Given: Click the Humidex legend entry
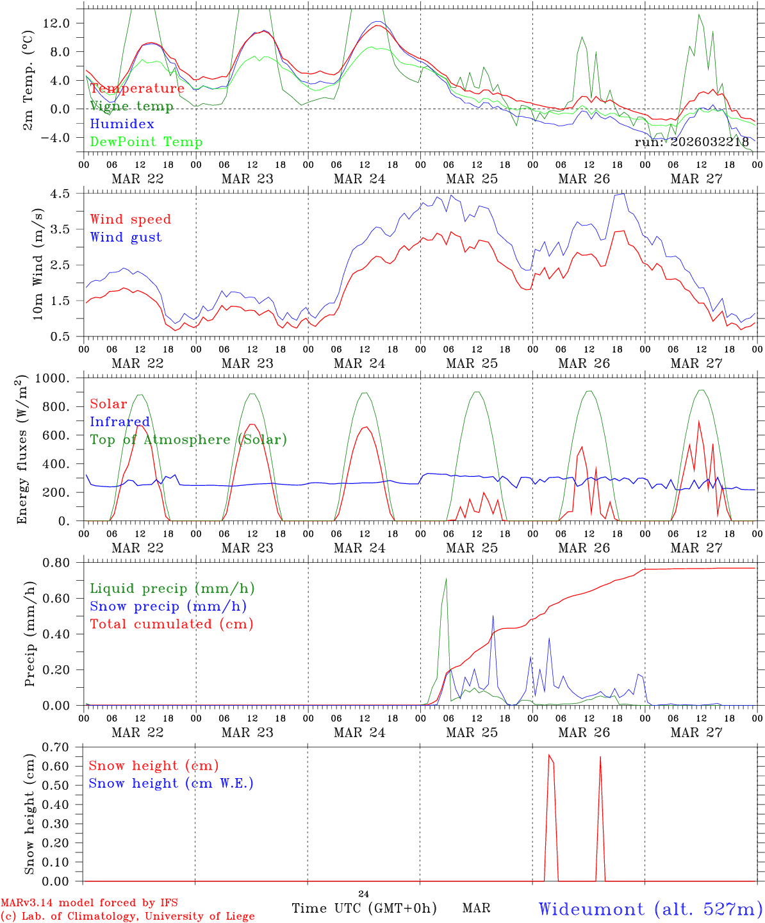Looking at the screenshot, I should tap(122, 124).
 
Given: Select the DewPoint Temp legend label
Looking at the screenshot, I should tap(146, 142).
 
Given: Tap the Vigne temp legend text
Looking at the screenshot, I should tap(131, 106).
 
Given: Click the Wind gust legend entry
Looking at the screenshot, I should tap(126, 237).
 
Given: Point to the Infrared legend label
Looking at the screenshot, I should tap(120, 422).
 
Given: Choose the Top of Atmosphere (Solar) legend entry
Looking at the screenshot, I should tap(188, 440).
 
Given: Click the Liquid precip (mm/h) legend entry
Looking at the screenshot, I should tap(172, 588).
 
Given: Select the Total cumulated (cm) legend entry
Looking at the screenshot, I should tap(172, 624).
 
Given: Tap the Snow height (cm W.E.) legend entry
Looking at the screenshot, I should tap(171, 783).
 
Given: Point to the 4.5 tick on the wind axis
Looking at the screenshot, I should tap(68, 194).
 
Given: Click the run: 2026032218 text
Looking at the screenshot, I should tap(691, 142).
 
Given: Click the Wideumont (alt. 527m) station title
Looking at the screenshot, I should tap(650, 909).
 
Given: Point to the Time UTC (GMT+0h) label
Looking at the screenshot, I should tap(364, 908).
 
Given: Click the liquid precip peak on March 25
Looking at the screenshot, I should tap(446, 579).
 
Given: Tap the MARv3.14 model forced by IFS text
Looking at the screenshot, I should tap(89, 903).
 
